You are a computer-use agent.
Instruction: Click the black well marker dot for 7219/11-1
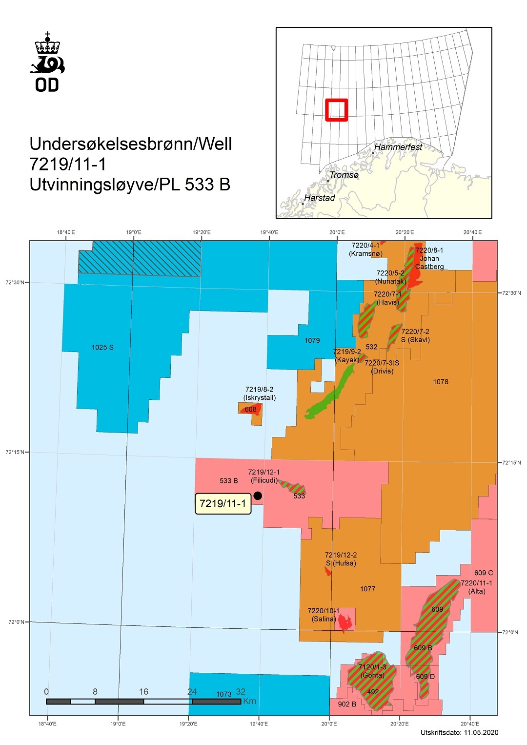(258, 496)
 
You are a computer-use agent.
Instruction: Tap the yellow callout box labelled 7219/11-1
(223, 504)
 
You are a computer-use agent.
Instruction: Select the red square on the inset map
(336, 110)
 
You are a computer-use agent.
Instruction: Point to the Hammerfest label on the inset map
(398, 147)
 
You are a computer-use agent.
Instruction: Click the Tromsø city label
(344, 175)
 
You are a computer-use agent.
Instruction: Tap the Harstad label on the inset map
(319, 198)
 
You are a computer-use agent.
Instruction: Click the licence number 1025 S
(102, 347)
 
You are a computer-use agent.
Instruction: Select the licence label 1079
(312, 340)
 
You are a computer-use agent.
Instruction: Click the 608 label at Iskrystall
(250, 409)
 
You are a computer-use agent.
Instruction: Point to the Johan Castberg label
(429, 262)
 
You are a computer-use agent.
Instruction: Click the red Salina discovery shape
(345, 623)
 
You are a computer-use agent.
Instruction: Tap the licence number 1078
(440, 382)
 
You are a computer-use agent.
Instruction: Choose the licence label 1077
(367, 589)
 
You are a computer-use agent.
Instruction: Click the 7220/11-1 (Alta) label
(476, 587)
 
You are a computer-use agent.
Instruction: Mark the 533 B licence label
(228, 481)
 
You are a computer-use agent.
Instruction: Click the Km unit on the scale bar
(249, 701)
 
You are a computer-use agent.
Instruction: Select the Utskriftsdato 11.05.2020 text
(459, 732)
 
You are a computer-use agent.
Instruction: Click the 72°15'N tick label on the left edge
(15, 452)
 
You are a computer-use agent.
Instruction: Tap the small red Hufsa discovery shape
(328, 571)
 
